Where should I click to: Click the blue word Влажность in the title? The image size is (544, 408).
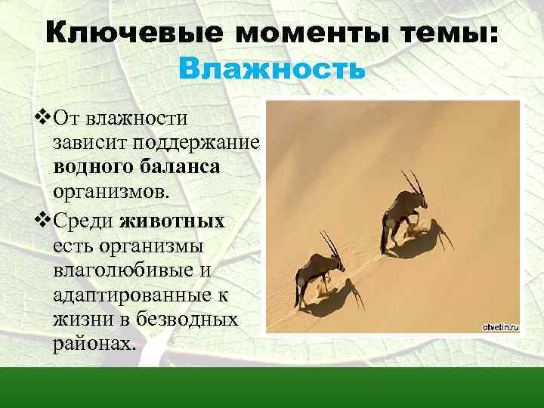272,70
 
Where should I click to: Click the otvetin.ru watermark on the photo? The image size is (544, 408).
499,326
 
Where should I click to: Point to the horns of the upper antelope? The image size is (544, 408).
413,180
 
